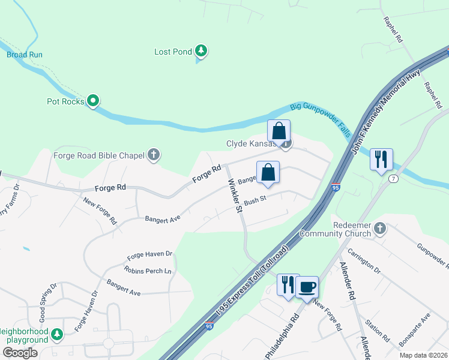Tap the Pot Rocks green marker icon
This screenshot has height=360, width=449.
tap(92, 101)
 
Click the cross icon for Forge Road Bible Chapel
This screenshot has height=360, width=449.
tap(154, 155)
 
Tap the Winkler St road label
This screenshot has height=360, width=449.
tap(233, 196)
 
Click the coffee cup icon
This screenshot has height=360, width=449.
tap(307, 287)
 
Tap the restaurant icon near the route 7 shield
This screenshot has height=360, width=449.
tap(381, 160)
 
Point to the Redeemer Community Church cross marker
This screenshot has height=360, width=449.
tap(379, 228)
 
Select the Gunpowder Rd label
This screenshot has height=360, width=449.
tap(433, 256)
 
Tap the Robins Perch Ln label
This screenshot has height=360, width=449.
tap(147, 271)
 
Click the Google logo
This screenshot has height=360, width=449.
tap(20, 353)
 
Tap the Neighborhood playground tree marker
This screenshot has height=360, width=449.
tap(57, 334)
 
